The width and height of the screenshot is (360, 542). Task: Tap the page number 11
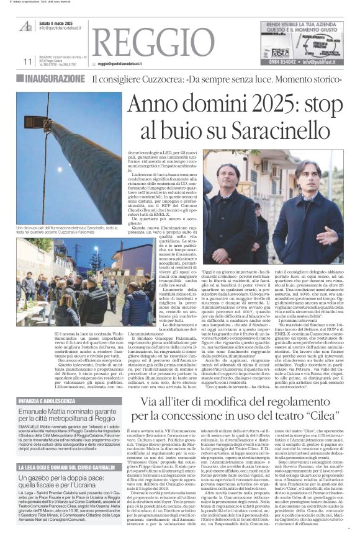[27, 61]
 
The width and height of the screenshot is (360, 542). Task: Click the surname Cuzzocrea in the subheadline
[156, 79]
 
